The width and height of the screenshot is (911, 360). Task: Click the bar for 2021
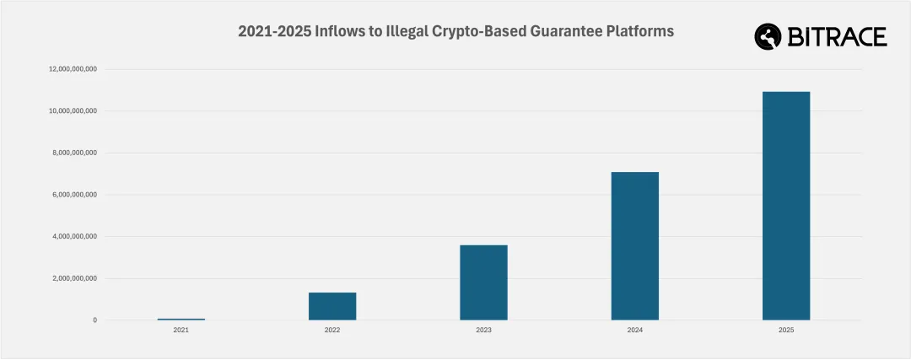tap(181, 319)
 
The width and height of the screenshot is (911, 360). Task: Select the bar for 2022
tap(332, 306)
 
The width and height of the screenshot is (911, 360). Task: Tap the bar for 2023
tap(483, 282)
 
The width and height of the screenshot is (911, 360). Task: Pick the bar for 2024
tap(634, 246)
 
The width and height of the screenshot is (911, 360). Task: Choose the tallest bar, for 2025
tap(786, 206)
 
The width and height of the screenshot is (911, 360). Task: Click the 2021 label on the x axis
tap(181, 330)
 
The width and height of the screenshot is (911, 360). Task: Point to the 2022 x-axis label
tap(332, 330)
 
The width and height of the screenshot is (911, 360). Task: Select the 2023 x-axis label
tap(483, 330)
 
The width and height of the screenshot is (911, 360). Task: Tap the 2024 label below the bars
tap(634, 330)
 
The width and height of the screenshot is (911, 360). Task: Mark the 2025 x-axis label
tap(786, 330)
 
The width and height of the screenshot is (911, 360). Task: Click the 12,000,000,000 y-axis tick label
tap(73, 69)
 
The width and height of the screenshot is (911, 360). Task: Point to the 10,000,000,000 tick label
tap(73, 110)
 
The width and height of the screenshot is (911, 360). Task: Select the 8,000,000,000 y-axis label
tap(76, 153)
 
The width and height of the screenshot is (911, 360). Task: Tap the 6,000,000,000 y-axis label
tap(76, 195)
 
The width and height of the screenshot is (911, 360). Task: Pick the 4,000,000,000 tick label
tap(76, 236)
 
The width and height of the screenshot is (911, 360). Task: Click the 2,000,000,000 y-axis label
tap(76, 278)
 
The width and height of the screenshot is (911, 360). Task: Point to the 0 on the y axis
tap(95, 320)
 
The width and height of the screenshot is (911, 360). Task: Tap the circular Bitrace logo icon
tap(769, 37)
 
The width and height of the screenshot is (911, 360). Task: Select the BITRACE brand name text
tap(837, 37)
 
